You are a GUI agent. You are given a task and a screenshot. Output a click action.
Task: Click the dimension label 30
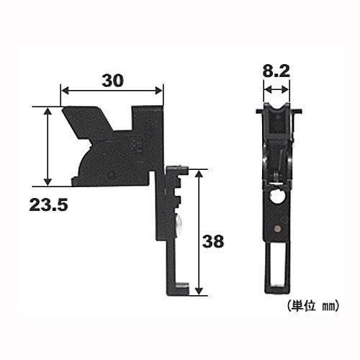(112, 81)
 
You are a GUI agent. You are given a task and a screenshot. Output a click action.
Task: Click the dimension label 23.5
(48, 205)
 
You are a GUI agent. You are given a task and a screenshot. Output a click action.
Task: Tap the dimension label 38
(213, 241)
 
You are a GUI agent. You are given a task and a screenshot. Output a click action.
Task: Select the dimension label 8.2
(276, 71)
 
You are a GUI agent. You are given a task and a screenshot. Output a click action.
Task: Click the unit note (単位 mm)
(313, 305)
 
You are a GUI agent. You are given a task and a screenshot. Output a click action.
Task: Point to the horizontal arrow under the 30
(112, 91)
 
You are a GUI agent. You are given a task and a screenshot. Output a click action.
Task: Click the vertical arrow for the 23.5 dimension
(48, 146)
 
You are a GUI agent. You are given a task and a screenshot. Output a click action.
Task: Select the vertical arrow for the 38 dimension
(199, 232)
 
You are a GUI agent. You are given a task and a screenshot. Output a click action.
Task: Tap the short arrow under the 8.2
(276, 90)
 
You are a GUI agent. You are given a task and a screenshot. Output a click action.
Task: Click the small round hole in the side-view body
(111, 174)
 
